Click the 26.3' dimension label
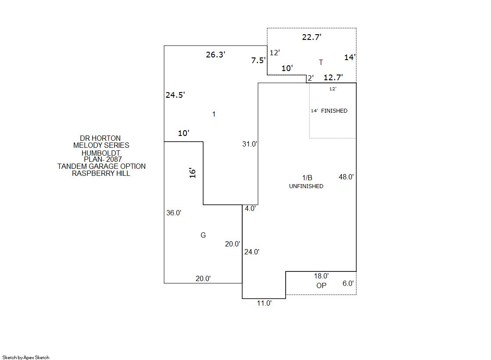tap(215, 54)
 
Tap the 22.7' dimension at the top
tap(312, 37)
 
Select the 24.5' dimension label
tap(175, 95)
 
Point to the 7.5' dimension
tap(258, 60)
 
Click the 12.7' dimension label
tap(333, 77)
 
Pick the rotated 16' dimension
tap(192, 173)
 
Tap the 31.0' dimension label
tap(250, 144)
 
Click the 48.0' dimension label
tap(346, 177)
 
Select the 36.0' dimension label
tap(174, 213)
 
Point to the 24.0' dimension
tap(252, 252)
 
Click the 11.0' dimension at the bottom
tap(264, 303)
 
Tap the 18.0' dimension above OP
tap(321, 276)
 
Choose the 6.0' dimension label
tap(348, 283)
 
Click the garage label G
tap(203, 235)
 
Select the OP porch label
tap(321, 285)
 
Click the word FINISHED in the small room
tap(334, 111)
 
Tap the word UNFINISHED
tap(306, 186)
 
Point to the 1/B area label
tap(307, 178)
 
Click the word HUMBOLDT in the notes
tap(101, 153)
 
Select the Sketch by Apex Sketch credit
tap(26, 357)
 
